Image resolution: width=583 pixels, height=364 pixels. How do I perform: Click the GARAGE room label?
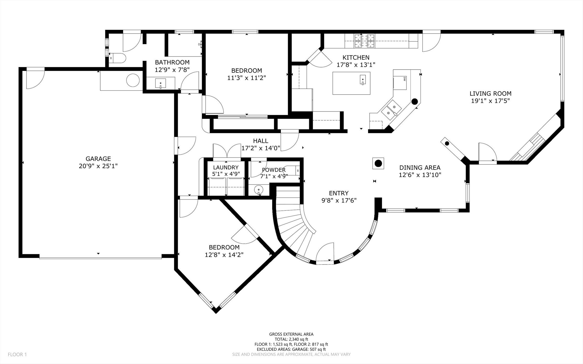98,158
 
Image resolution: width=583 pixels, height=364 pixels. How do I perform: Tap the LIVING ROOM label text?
491,94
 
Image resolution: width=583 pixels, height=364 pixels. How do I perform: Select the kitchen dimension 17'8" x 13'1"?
356,65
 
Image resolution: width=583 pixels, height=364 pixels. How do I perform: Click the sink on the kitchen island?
363,80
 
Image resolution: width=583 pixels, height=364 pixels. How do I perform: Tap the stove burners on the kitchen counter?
365,41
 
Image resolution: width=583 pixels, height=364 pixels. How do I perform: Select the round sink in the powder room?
259,190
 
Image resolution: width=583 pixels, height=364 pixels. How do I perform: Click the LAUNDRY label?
226,168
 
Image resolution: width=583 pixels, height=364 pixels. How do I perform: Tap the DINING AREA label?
420,168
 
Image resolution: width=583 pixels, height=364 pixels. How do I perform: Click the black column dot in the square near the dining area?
378,163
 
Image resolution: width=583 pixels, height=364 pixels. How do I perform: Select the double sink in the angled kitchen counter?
392,110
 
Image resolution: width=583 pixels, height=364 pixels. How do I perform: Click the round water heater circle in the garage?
133,80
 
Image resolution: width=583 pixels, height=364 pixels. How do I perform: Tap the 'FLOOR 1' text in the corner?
17,354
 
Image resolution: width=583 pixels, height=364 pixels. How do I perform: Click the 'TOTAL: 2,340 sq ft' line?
291,339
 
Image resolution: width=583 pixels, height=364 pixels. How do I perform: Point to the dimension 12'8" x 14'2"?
224,255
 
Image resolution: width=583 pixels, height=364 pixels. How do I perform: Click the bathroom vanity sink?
161,83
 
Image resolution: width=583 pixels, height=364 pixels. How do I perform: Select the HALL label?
261,141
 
